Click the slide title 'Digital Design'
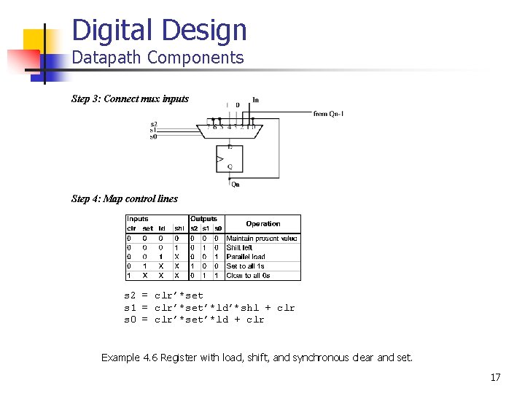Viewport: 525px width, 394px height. point(160,31)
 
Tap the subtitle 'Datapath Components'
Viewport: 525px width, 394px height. point(157,58)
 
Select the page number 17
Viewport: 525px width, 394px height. point(495,377)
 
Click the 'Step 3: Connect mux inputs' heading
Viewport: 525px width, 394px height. point(130,98)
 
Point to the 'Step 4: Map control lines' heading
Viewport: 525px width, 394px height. point(124,198)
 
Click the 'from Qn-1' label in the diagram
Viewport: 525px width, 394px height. point(328,114)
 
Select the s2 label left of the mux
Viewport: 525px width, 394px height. point(153,124)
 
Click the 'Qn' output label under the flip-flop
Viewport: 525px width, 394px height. point(235,184)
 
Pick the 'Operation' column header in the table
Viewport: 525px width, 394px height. point(262,223)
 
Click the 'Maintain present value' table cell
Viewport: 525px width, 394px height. point(261,239)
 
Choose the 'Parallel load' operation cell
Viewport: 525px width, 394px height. point(246,257)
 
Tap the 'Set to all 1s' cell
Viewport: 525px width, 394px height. point(246,266)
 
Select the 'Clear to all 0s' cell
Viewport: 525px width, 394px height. point(248,276)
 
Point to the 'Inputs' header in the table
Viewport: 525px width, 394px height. point(137,219)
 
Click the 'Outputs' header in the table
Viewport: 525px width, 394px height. point(203,219)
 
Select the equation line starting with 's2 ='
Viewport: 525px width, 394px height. point(163,295)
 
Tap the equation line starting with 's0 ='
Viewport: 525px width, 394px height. point(194,320)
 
